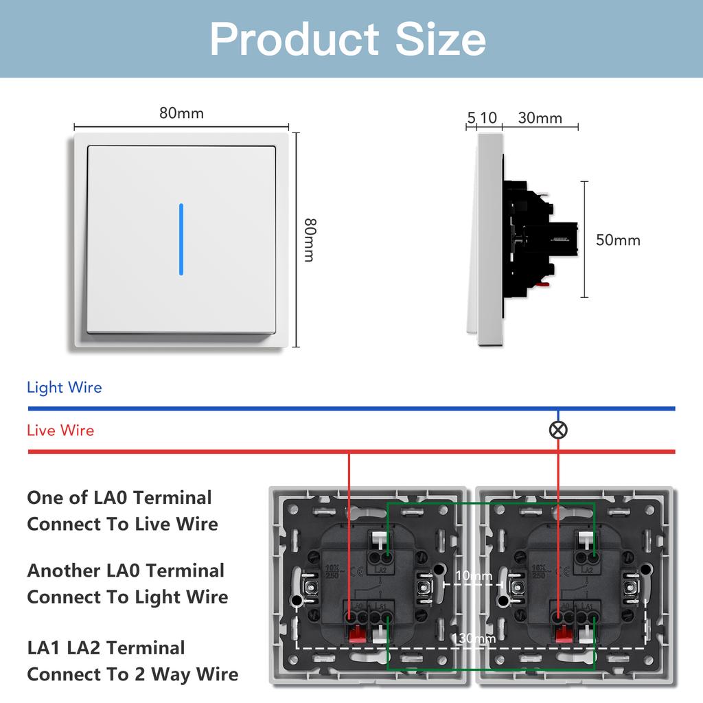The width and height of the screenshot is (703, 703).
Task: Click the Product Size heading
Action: pyautogui.click(x=348, y=38)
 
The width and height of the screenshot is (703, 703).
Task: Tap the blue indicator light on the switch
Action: pyautogui.click(x=181, y=239)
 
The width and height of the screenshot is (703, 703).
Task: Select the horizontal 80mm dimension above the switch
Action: pyautogui.click(x=181, y=113)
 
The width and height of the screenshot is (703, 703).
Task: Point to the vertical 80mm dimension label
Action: pyautogui.click(x=310, y=240)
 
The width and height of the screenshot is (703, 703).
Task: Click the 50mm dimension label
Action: pyautogui.click(x=618, y=240)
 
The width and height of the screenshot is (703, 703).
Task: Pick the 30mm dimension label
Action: pyautogui.click(x=540, y=118)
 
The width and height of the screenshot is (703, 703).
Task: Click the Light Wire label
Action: pyautogui.click(x=65, y=387)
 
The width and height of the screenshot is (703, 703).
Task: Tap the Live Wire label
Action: pyautogui.click(x=60, y=430)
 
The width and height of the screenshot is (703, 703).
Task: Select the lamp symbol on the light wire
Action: pyautogui.click(x=559, y=430)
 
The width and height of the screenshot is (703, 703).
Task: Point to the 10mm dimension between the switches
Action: pyautogui.click(x=474, y=575)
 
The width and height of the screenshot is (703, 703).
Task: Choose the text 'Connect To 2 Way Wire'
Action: pyautogui.click(x=132, y=674)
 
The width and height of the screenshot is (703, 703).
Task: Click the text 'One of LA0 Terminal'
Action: pyautogui.click(x=119, y=498)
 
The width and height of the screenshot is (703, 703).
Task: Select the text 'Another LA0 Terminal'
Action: pyautogui.click(x=126, y=571)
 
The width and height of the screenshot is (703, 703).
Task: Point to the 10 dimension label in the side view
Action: pyautogui.click(x=488, y=118)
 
